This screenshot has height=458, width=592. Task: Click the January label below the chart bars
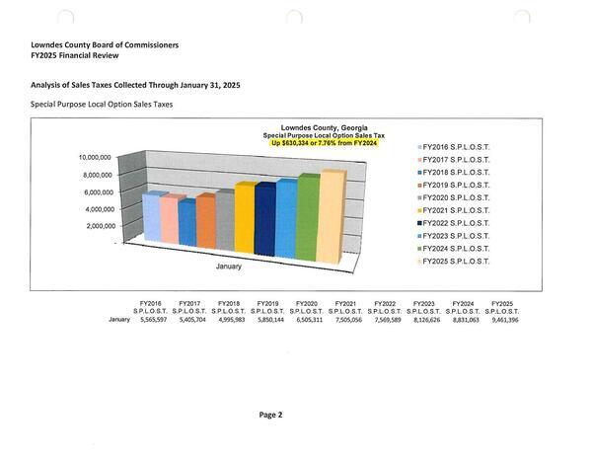coord(230,266)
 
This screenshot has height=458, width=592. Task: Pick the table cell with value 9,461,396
coord(500,320)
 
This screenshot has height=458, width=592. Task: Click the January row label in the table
coord(117,320)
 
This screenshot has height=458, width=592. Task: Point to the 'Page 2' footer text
coord(271,416)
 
